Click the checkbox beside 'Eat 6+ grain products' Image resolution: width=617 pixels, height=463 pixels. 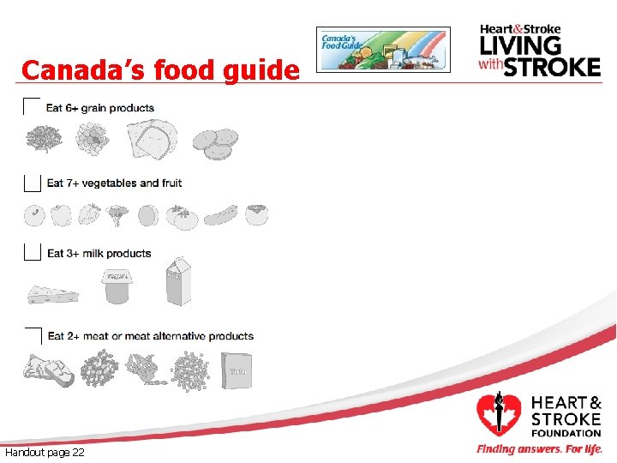[x=32, y=108]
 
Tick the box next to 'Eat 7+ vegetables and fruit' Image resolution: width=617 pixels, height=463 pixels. [x=32, y=183]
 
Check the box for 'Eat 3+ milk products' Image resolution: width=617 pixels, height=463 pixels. [x=32, y=252]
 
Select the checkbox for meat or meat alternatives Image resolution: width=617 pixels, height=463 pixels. [x=33, y=336]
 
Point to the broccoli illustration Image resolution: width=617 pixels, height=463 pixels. [x=117, y=213]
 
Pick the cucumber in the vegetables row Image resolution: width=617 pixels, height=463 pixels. [x=220, y=213]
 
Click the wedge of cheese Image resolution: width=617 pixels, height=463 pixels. [x=47, y=293]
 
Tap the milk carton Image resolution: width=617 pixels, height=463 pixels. [x=178, y=281]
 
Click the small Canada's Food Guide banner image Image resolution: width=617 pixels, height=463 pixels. [x=383, y=50]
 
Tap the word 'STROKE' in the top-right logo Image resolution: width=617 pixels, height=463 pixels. [x=552, y=67]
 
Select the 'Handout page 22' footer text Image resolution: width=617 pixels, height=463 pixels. [x=45, y=452]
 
